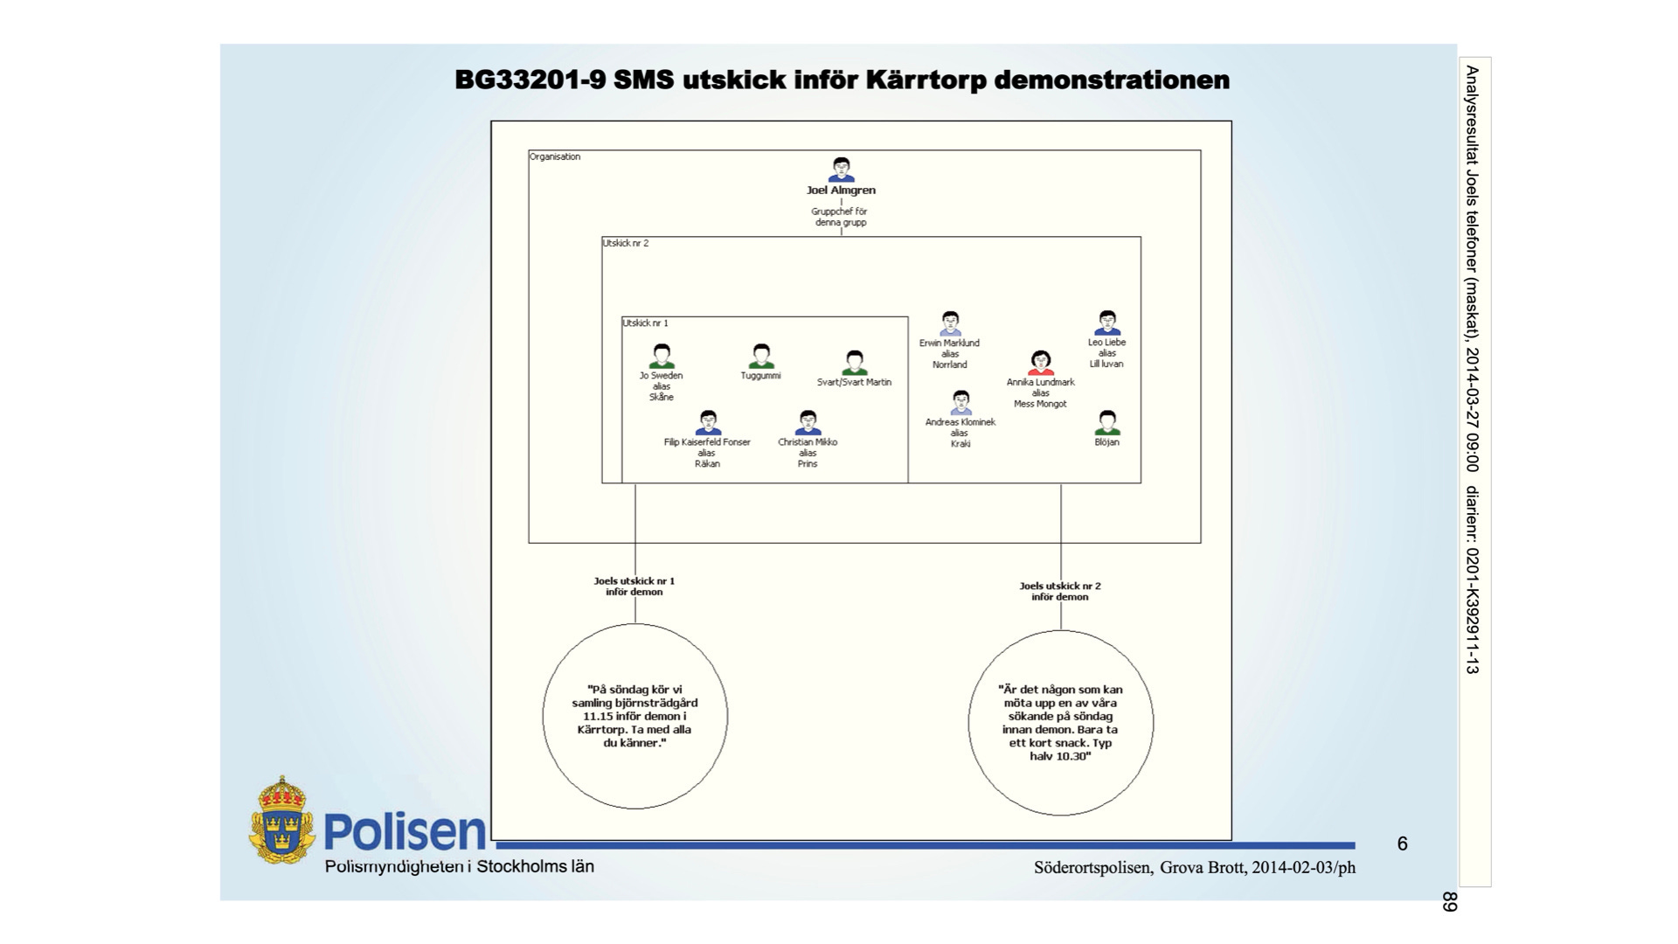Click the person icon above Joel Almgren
coord(841,170)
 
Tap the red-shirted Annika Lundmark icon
coord(1040,364)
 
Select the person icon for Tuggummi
coord(761,357)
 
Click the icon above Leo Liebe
coord(1107,323)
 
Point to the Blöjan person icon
coord(1106,423)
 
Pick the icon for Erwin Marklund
coord(950,324)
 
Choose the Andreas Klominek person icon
coord(960,403)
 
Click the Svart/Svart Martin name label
coord(854,382)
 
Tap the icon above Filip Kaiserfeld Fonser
coord(708,423)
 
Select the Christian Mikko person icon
coord(808,423)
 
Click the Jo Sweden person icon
coord(662,357)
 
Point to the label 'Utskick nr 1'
coord(645,323)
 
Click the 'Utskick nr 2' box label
coord(626,243)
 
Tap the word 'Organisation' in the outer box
coord(555,157)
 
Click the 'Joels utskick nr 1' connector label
coord(634,587)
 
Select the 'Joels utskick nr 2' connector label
coord(1060,592)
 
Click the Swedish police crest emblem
coord(281,822)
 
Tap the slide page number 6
coord(1403,843)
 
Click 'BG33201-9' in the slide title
coord(530,80)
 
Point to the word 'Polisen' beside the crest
coord(404,831)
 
